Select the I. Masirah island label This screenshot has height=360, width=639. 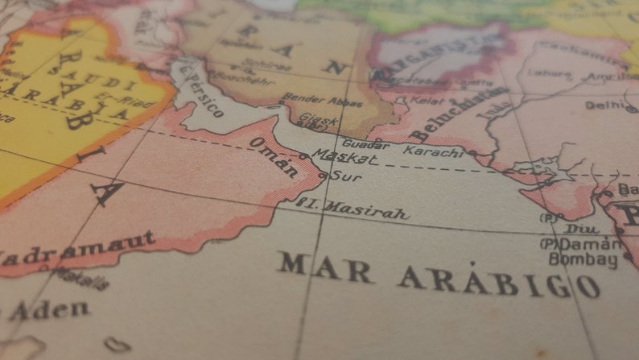[x=354, y=209]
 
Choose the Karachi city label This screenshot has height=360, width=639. [x=433, y=151]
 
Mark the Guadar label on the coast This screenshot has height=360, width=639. [x=361, y=146]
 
